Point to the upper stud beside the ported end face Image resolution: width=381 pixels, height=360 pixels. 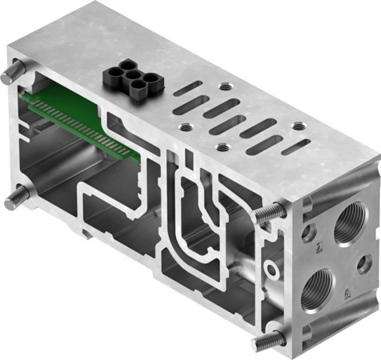pyautogui.click(x=270, y=213)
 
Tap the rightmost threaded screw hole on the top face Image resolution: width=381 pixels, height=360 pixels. pyautogui.click(x=299, y=126)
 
